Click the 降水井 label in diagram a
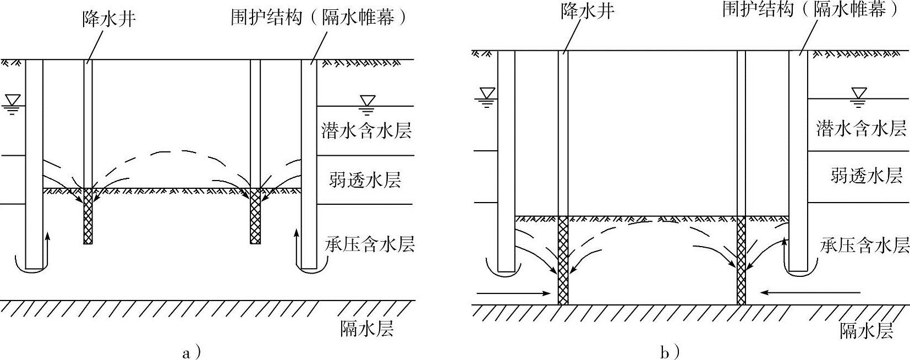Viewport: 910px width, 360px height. [109, 18]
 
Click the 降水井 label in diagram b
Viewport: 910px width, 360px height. [588, 10]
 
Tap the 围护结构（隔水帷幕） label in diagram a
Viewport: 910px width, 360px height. [319, 18]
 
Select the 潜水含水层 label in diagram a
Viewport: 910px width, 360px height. [366, 131]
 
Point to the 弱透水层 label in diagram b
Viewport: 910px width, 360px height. [867, 176]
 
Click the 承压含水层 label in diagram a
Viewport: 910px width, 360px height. [370, 244]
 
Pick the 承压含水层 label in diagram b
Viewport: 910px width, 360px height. [864, 245]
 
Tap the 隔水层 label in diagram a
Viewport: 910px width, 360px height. [367, 328]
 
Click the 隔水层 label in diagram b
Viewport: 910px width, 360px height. [867, 331]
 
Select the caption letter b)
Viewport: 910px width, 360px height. [670, 352]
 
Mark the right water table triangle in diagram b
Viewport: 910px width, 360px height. [858, 94]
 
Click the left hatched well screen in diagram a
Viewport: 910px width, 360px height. [88, 216]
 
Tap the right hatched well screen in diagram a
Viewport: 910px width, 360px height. [255, 216]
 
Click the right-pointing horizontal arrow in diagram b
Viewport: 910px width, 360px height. [513, 304]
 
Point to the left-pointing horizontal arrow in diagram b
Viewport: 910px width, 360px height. [811, 303]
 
